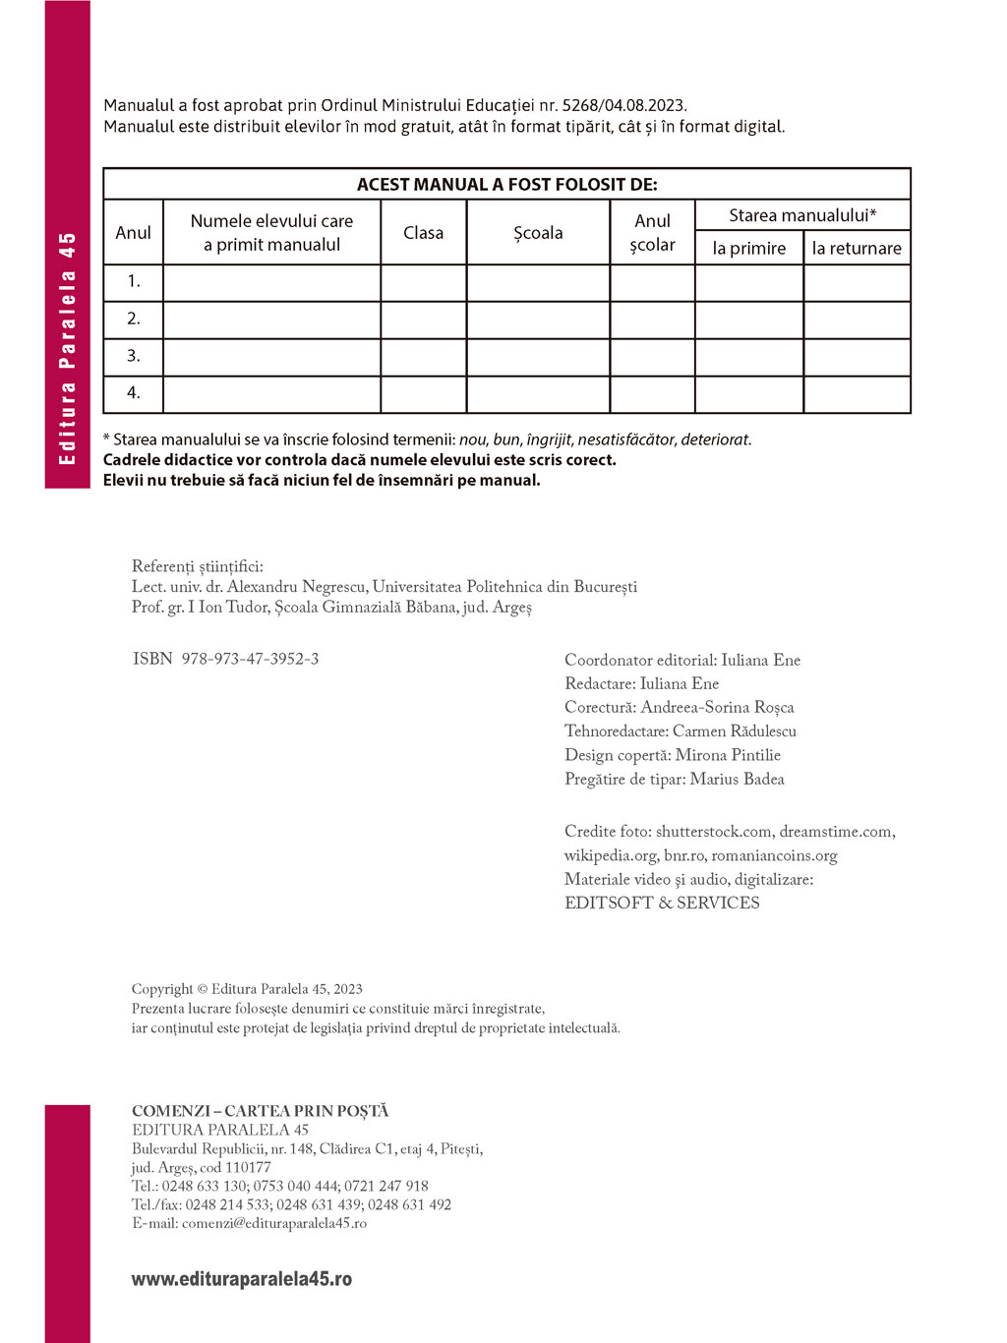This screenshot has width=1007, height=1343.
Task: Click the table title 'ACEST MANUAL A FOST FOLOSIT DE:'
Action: (506, 185)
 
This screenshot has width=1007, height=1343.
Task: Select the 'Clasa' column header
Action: (423, 233)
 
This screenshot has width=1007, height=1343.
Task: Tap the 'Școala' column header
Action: (538, 233)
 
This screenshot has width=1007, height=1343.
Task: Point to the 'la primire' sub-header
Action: (749, 249)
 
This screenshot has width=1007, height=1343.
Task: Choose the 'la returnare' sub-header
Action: (857, 249)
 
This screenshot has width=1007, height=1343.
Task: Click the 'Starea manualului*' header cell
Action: (802, 215)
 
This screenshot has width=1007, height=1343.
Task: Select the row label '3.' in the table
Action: (134, 356)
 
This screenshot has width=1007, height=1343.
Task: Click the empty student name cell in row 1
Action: (271, 283)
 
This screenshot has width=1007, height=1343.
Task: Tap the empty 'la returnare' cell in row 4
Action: (857, 394)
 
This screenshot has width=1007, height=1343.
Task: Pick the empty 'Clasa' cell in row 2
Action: (423, 320)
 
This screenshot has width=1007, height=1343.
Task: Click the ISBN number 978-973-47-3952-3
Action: (250, 659)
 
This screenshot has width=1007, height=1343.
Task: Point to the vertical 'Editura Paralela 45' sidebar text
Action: (67, 348)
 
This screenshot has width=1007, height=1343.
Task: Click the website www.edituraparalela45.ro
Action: (242, 1279)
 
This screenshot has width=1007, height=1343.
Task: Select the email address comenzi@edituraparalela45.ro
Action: (274, 1223)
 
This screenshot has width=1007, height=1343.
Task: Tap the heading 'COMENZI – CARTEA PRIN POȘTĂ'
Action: (261, 1111)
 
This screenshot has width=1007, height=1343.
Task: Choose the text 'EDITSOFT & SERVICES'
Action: (662, 903)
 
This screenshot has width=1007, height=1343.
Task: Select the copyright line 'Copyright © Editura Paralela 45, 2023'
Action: (247, 989)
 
